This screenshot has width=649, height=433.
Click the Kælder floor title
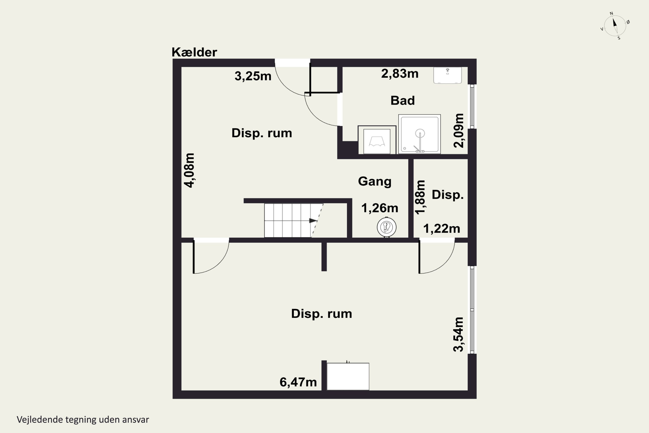pyautogui.click(x=194, y=52)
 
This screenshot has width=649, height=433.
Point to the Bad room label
pyautogui.click(x=403, y=100)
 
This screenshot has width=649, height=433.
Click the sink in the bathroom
pyautogui.click(x=448, y=75)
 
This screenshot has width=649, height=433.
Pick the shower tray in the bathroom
pyautogui.click(x=419, y=134)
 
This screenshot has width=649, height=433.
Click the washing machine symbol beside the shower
pyautogui.click(x=377, y=140)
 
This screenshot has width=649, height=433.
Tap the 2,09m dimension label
pyautogui.click(x=459, y=131)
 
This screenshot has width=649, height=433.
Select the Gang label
pyautogui.click(x=375, y=182)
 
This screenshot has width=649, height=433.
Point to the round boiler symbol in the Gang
pyautogui.click(x=387, y=227)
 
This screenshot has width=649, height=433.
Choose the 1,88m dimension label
pyautogui.click(x=420, y=197)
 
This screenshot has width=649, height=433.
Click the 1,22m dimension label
pyautogui.click(x=442, y=229)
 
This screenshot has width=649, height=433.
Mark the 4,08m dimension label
pyautogui.click(x=190, y=170)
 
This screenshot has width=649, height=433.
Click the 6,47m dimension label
pyautogui.click(x=298, y=382)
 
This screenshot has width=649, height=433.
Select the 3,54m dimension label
pyautogui.click(x=459, y=334)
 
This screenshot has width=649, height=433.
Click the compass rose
pyautogui.click(x=615, y=26)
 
